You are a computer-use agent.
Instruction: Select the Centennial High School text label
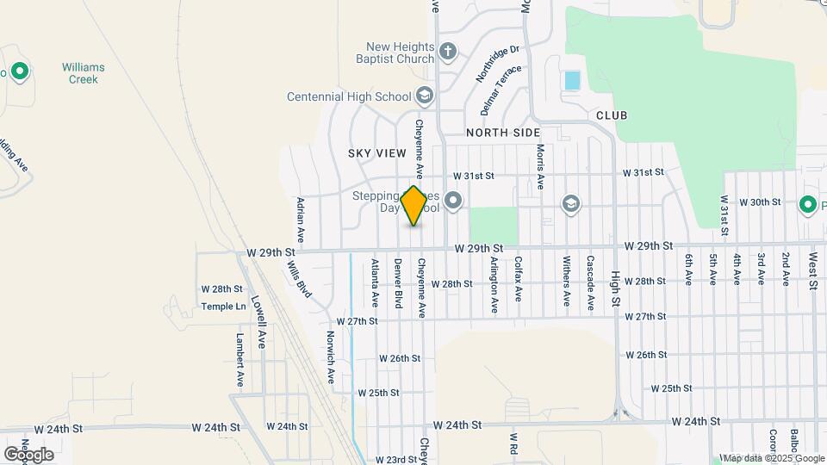[348, 96]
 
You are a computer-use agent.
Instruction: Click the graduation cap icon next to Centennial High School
[423, 95]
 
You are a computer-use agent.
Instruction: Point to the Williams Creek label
[84, 73]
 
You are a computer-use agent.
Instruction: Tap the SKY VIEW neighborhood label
[376, 153]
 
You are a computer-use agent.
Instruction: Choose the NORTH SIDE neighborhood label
[503, 133]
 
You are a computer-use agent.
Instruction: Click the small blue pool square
[572, 81]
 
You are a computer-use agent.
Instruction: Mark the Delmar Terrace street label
[502, 90]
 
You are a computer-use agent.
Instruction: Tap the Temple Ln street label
[223, 306]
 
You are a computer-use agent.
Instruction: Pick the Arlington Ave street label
[494, 283]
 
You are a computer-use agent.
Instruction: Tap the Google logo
[28, 454]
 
